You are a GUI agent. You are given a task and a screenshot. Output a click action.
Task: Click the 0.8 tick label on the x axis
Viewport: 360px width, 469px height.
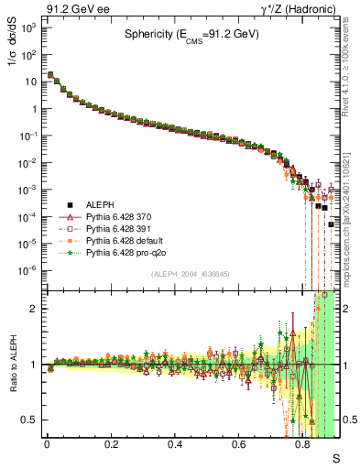(x=303, y=443)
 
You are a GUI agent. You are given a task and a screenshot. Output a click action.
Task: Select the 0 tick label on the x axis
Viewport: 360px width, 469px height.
(x=47, y=443)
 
